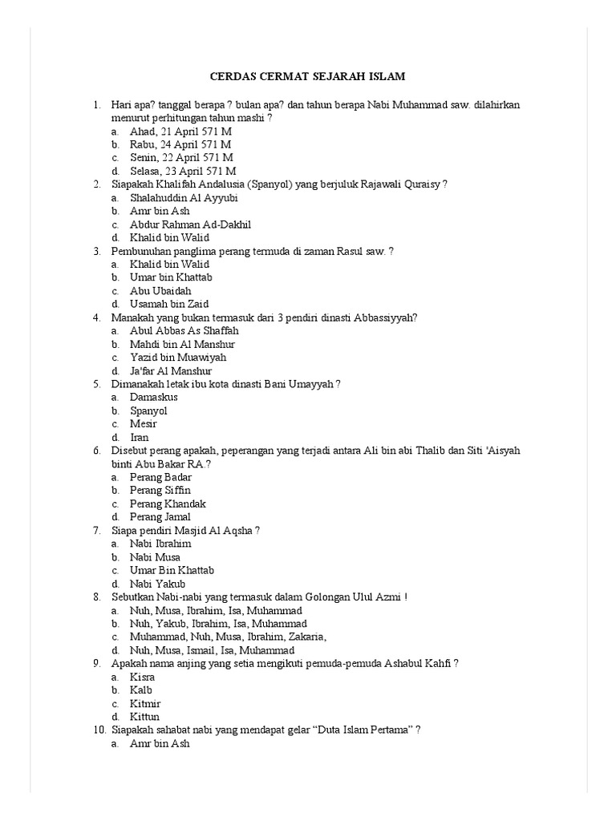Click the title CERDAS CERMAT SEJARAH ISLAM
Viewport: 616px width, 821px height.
[308, 77]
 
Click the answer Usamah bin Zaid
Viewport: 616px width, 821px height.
[168, 304]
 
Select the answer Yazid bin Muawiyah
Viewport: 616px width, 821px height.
[178, 357]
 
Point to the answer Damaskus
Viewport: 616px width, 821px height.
[153, 397]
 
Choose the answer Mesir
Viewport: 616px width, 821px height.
[144, 423]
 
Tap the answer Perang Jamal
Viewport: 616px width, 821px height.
[160, 517]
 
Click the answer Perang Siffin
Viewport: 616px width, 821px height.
[160, 490]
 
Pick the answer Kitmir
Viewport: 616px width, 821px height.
[146, 703]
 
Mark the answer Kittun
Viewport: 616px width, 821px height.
[145, 717]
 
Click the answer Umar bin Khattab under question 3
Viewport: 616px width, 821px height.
[171, 277]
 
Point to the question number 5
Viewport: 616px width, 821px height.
[96, 384]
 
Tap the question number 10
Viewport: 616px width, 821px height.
[99, 730]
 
